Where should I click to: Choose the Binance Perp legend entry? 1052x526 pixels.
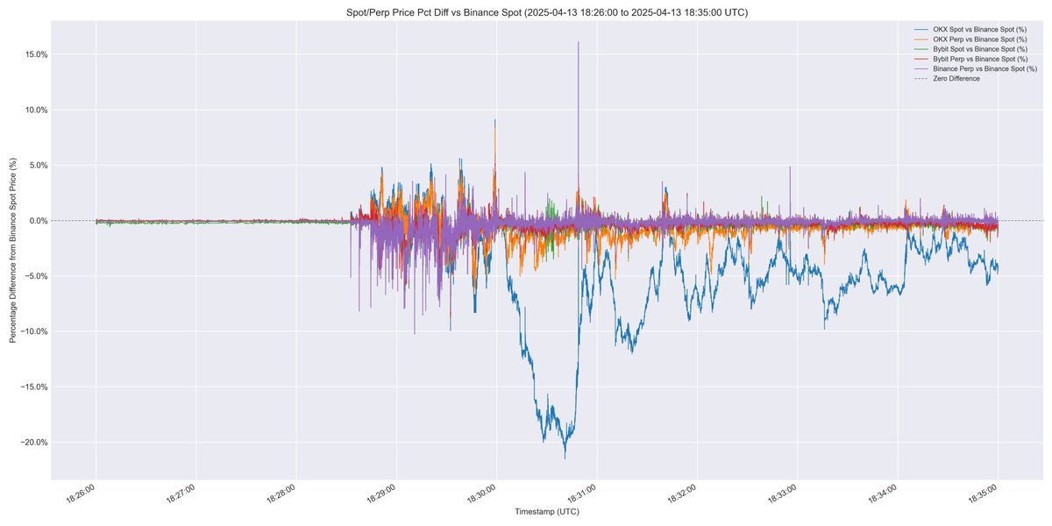pos(978,68)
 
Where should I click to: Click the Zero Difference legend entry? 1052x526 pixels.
pos(956,78)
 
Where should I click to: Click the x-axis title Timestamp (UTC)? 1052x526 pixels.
pos(547,511)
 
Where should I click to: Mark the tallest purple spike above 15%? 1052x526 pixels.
pos(579,42)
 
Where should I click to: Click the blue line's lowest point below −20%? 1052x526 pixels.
pos(565,458)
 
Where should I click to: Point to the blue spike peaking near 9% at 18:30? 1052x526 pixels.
pos(495,121)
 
